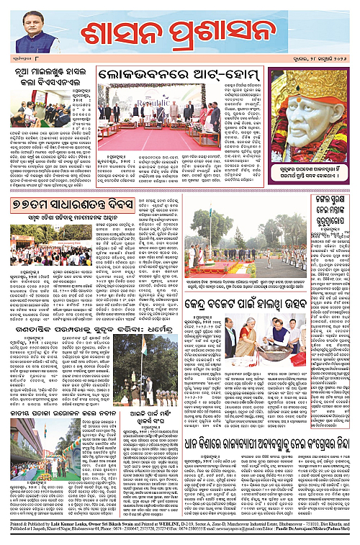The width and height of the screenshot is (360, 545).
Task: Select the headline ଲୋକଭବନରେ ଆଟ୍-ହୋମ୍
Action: tap(181, 74)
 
